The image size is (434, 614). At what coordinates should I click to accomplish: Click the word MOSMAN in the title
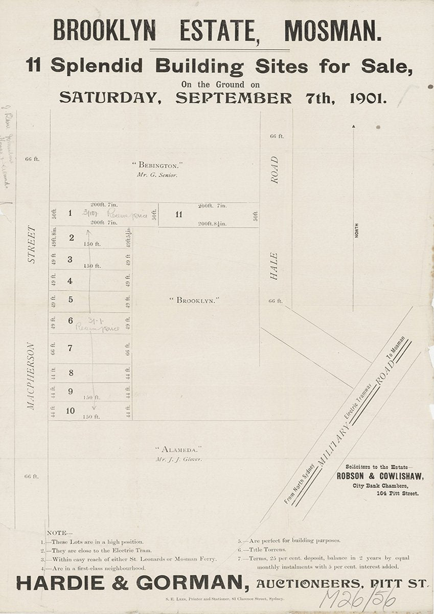[x=332, y=31]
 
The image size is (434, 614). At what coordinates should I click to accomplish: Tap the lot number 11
[x=178, y=214]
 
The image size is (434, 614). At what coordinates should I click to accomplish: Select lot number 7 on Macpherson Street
[x=70, y=348]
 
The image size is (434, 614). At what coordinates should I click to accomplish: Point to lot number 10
[x=70, y=410]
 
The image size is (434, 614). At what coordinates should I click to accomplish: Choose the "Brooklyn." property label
[x=194, y=300]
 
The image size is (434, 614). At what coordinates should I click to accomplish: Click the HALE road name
[x=274, y=266]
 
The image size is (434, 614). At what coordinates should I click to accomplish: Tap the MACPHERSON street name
[x=31, y=376]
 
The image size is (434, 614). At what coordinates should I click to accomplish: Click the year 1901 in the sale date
[x=368, y=97]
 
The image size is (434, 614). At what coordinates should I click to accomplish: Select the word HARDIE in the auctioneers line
[x=51, y=583]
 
